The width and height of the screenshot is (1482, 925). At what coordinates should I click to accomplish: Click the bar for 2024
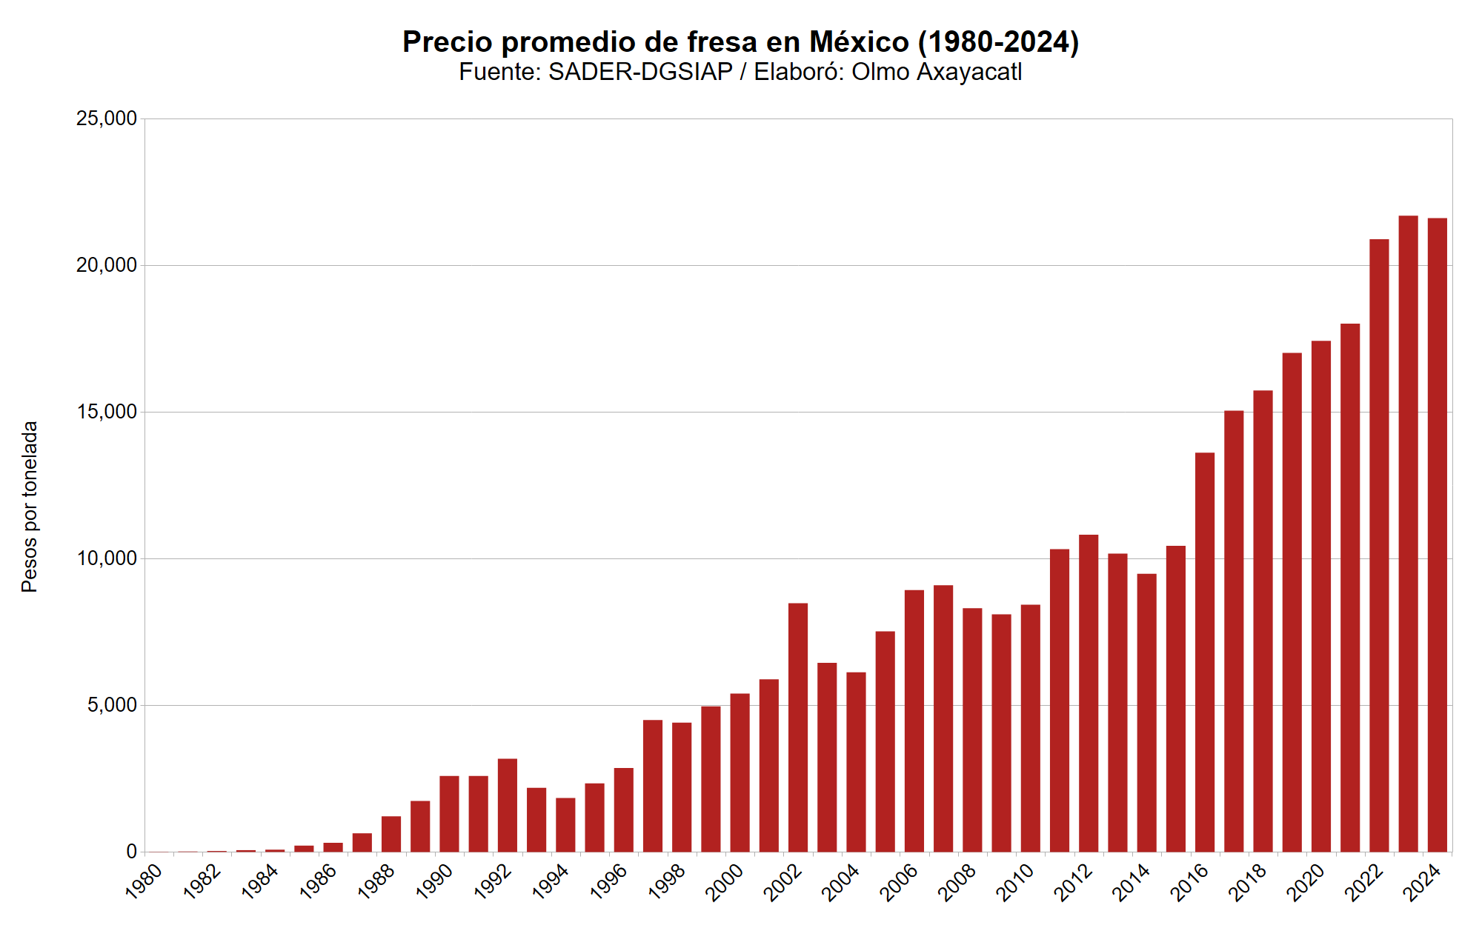[x=1437, y=535]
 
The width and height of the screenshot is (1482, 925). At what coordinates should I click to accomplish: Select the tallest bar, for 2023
[x=1408, y=533]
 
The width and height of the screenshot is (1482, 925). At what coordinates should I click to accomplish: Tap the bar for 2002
[x=798, y=727]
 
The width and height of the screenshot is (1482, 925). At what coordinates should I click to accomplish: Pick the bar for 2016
[x=1205, y=652]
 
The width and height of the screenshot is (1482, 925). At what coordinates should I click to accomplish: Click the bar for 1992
[x=508, y=805]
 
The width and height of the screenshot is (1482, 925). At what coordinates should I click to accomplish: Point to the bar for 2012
[x=1089, y=693]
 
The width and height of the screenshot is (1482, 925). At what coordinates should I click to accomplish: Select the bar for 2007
[x=943, y=718]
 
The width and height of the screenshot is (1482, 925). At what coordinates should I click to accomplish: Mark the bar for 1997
[x=653, y=786]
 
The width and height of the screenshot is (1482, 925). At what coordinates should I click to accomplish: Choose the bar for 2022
[x=1379, y=545]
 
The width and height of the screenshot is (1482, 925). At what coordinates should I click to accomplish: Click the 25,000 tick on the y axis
[x=107, y=118]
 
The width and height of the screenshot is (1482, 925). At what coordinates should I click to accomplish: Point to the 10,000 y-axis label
[x=107, y=558]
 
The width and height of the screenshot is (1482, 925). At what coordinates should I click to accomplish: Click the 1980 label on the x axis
[x=144, y=882]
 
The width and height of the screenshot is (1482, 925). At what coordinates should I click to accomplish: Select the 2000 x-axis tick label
[x=725, y=882]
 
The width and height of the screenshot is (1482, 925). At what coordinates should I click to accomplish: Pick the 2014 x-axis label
[x=1132, y=882]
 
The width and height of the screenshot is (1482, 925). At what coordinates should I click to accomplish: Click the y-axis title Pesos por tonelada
[x=29, y=507]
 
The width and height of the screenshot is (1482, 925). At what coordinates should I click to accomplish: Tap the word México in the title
[x=859, y=42]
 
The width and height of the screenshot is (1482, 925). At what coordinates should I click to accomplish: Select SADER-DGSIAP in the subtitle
[x=640, y=72]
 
